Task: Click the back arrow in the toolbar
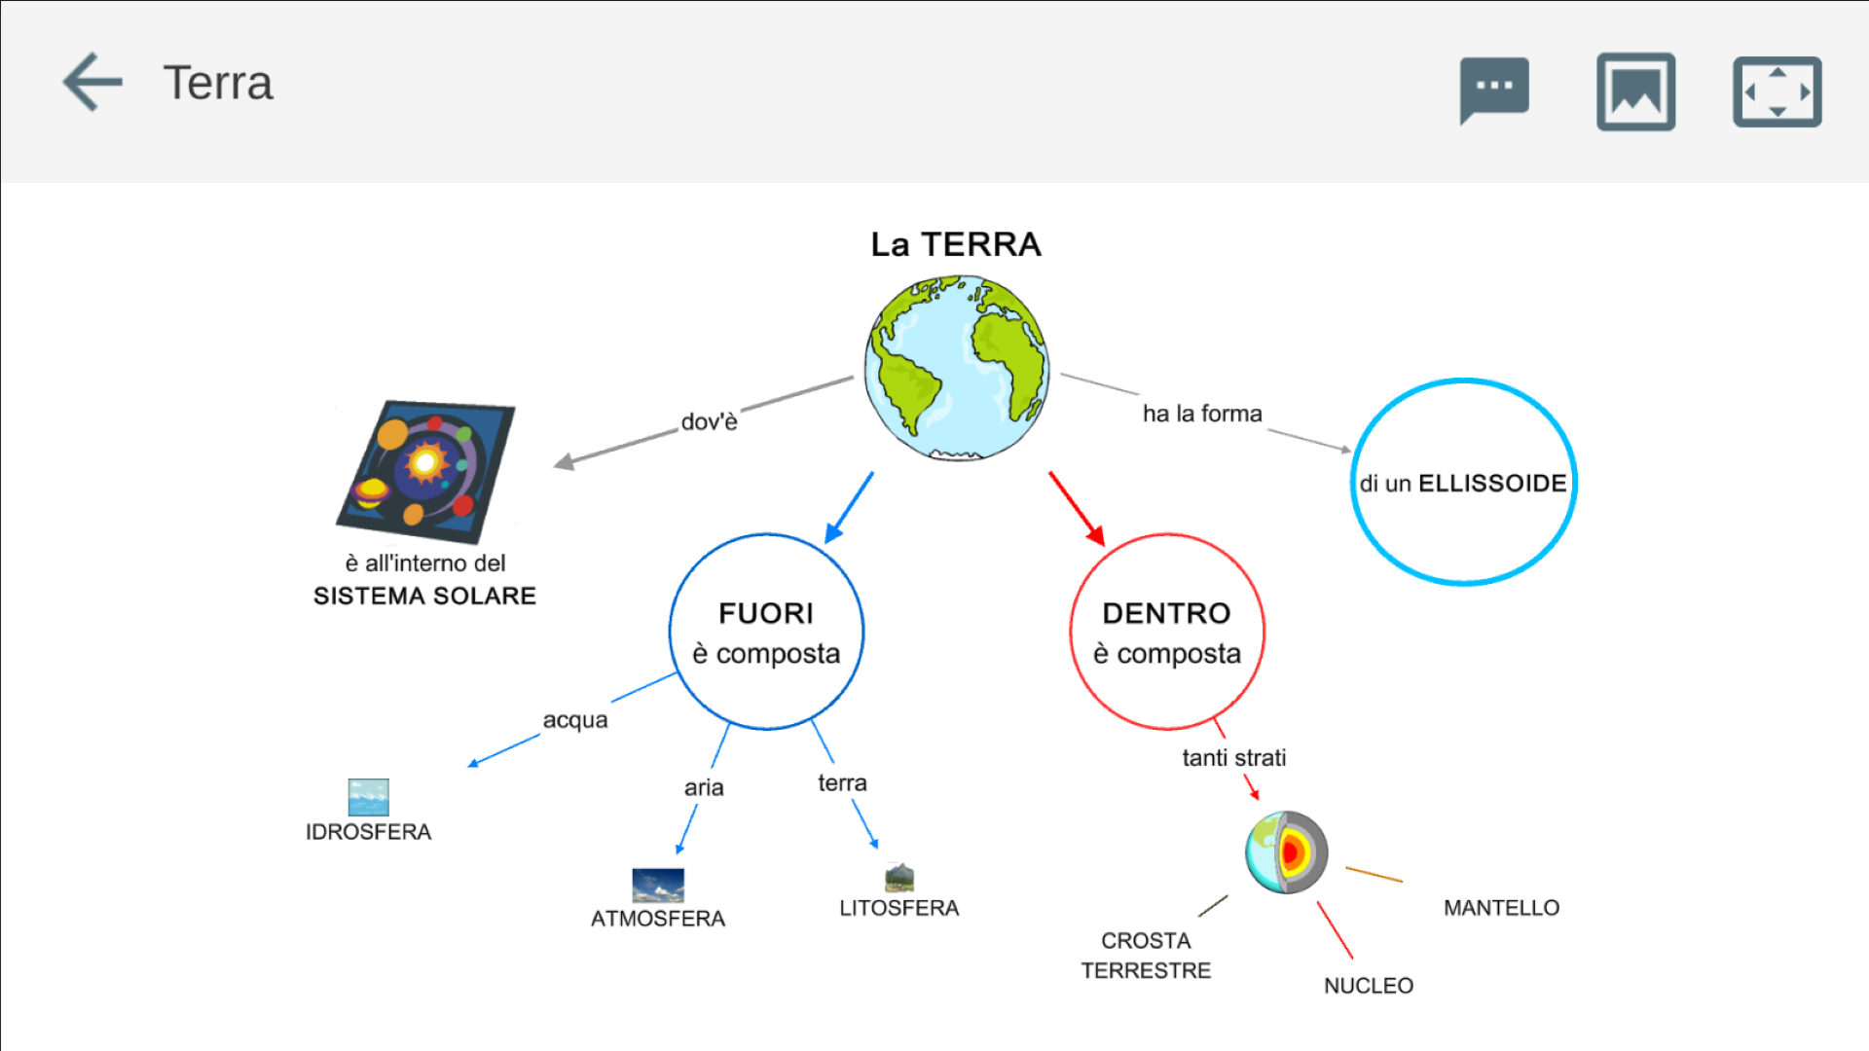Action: pos(92,82)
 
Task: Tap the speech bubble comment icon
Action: pos(1494,90)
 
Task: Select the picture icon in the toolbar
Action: pos(1635,91)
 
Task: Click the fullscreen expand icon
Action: pos(1777,91)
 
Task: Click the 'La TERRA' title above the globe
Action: pos(956,244)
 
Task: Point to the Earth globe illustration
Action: pos(957,367)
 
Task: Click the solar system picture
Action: pos(426,471)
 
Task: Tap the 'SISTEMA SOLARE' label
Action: pos(424,596)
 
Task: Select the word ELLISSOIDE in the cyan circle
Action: pos(1491,484)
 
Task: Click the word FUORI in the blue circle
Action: pos(766,613)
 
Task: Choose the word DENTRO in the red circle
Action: pos(1166,613)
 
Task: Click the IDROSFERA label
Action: pos(368,832)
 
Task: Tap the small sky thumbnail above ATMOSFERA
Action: pos(658,885)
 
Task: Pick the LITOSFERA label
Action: pos(898,908)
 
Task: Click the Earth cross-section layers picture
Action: pos(1287,852)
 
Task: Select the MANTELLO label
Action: pos(1501,908)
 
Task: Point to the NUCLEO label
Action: pos(1368,986)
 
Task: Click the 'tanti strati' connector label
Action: pos(1233,757)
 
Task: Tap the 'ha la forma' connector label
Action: pos(1202,414)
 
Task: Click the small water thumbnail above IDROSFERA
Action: pos(368,797)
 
